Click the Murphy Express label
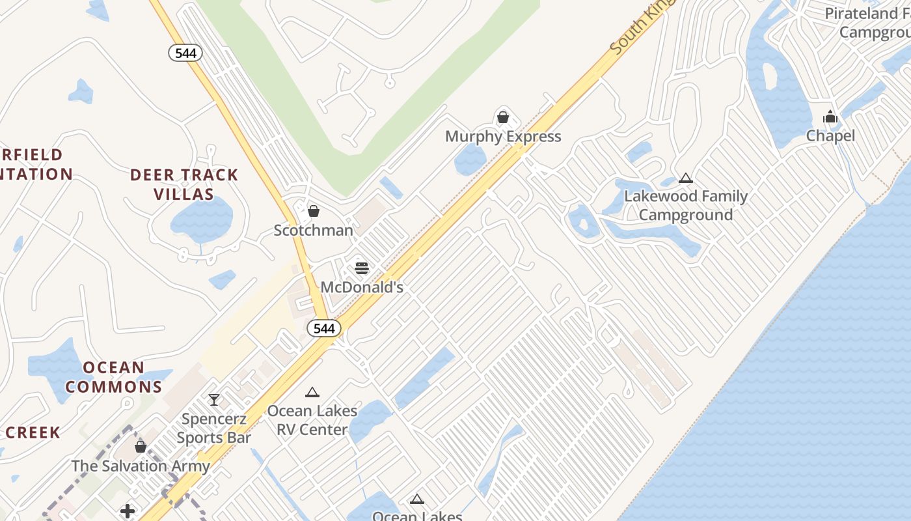(x=502, y=137)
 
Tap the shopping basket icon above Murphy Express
(x=502, y=118)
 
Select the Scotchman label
(x=313, y=231)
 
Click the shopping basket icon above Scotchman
(x=314, y=211)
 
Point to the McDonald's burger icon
(x=362, y=268)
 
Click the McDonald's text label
(x=362, y=287)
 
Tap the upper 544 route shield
(x=185, y=53)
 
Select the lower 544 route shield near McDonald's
(x=324, y=328)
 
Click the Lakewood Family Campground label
(x=686, y=205)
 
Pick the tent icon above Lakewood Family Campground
(x=685, y=178)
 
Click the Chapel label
(x=830, y=136)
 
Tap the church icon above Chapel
(x=830, y=118)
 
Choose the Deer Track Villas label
(x=184, y=184)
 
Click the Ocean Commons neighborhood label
(x=113, y=377)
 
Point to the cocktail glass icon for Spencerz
(x=213, y=399)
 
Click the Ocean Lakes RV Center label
(x=312, y=420)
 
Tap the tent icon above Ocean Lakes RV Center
(x=312, y=393)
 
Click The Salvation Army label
(x=141, y=466)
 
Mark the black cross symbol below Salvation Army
(x=128, y=511)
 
